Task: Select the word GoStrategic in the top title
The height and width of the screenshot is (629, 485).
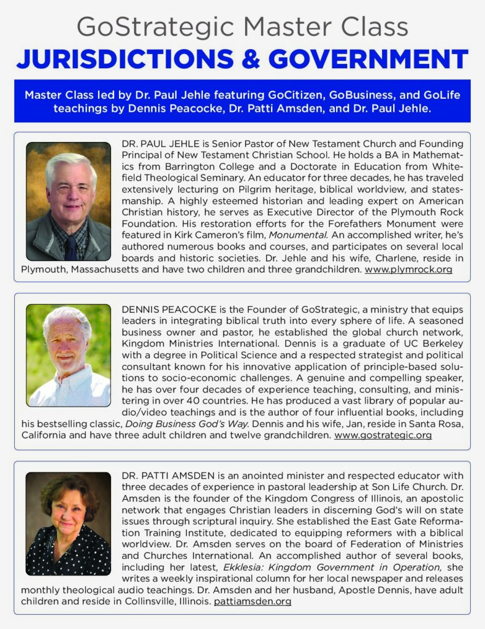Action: (x=156, y=28)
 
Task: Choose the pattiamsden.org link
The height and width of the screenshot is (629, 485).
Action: (x=252, y=601)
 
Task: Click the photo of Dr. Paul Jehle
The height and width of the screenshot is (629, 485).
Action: (x=68, y=201)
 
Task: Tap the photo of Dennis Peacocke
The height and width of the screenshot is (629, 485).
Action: (x=68, y=355)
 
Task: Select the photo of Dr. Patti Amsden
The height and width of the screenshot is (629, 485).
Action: (x=68, y=524)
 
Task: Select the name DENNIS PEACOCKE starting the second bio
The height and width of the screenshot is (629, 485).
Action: (x=167, y=309)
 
